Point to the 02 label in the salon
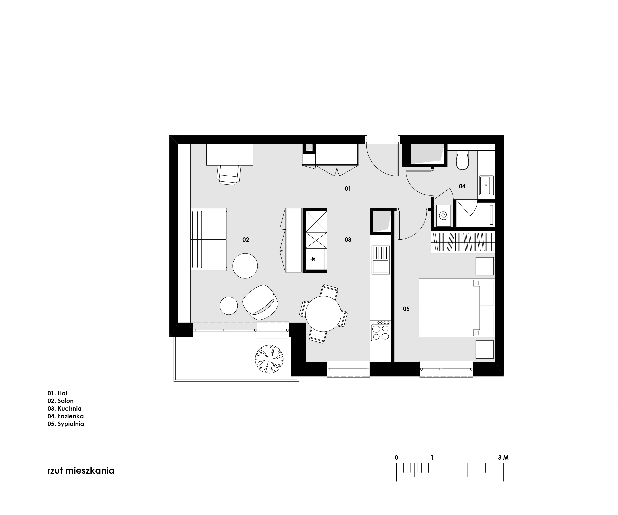pyautogui.click(x=246, y=240)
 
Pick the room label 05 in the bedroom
pyautogui.click(x=406, y=309)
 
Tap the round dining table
pyautogui.click(x=323, y=314)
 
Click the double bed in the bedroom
pyautogui.click(x=449, y=308)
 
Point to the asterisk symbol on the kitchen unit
pyautogui.click(x=313, y=259)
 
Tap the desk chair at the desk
pyautogui.click(x=229, y=175)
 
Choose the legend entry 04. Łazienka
pyautogui.click(x=66, y=416)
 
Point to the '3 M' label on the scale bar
pyautogui.click(x=503, y=458)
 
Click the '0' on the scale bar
pyautogui.click(x=396, y=458)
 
